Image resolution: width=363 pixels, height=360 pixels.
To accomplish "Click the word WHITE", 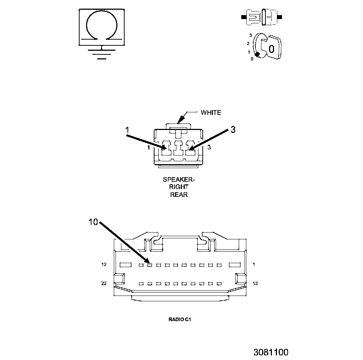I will pos(211,113).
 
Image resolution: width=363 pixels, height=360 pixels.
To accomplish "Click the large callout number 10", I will pos(93,222).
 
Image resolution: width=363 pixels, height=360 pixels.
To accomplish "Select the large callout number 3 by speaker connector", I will pos(233,130).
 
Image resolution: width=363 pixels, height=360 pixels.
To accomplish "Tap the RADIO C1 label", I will pos(179,319).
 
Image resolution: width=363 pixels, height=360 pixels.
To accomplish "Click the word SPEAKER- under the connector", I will pos(179,179).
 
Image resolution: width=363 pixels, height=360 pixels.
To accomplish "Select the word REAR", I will pos(179,195).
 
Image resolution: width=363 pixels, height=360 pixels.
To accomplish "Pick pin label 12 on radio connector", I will pos(104,265).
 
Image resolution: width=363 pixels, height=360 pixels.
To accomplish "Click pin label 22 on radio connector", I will pos(104,284).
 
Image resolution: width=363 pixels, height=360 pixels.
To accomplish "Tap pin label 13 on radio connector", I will pos(255,284).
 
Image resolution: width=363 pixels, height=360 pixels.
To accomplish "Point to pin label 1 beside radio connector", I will pos(254,265).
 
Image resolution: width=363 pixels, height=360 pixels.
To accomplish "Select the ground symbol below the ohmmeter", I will pos(102,53).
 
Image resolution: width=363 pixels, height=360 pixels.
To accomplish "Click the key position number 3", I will pos(250,35).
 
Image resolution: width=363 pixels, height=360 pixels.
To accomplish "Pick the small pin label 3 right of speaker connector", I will pos(209,148).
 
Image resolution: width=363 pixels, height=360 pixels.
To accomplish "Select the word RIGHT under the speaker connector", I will pos(179,187).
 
